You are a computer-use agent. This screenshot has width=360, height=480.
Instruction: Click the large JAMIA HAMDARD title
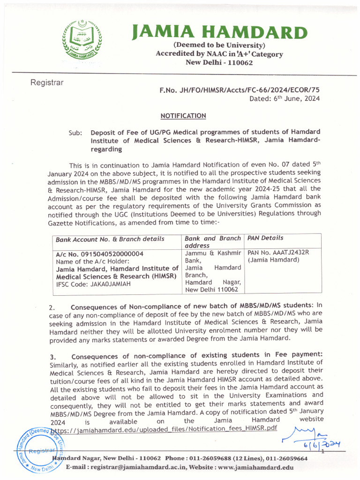[x=219, y=32]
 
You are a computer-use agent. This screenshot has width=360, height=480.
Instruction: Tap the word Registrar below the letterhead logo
[x=47, y=83]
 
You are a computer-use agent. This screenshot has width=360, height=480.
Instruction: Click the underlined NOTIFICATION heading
[x=183, y=116]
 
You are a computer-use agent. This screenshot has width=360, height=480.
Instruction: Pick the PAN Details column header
[x=265, y=238]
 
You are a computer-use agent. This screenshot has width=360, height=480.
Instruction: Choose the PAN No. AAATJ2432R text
[x=278, y=253]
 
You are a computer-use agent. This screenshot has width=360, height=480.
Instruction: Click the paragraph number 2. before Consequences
[x=52, y=307]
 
